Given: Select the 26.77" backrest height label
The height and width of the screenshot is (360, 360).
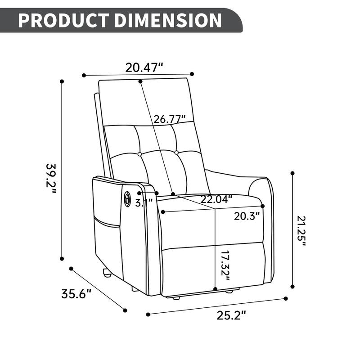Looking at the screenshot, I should tap(170, 119).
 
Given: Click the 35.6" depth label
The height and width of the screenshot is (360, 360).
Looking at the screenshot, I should tap(76, 294).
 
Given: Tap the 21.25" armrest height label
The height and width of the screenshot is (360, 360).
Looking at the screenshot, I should tap(301, 231).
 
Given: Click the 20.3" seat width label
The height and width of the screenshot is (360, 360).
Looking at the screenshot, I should tap(247, 216).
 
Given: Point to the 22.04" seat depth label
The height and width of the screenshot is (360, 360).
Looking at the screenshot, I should tap(216, 198).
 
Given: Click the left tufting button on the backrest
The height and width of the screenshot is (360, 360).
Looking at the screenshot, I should tap(140, 154).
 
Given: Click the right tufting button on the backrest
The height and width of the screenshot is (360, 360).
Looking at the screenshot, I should tap(176, 153).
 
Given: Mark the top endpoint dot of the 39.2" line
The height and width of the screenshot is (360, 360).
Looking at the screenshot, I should tap(62, 81).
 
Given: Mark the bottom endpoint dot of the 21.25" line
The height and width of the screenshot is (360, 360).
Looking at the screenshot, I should tap(293, 286).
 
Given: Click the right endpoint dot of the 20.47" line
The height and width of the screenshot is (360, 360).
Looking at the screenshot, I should tap(192, 74).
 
